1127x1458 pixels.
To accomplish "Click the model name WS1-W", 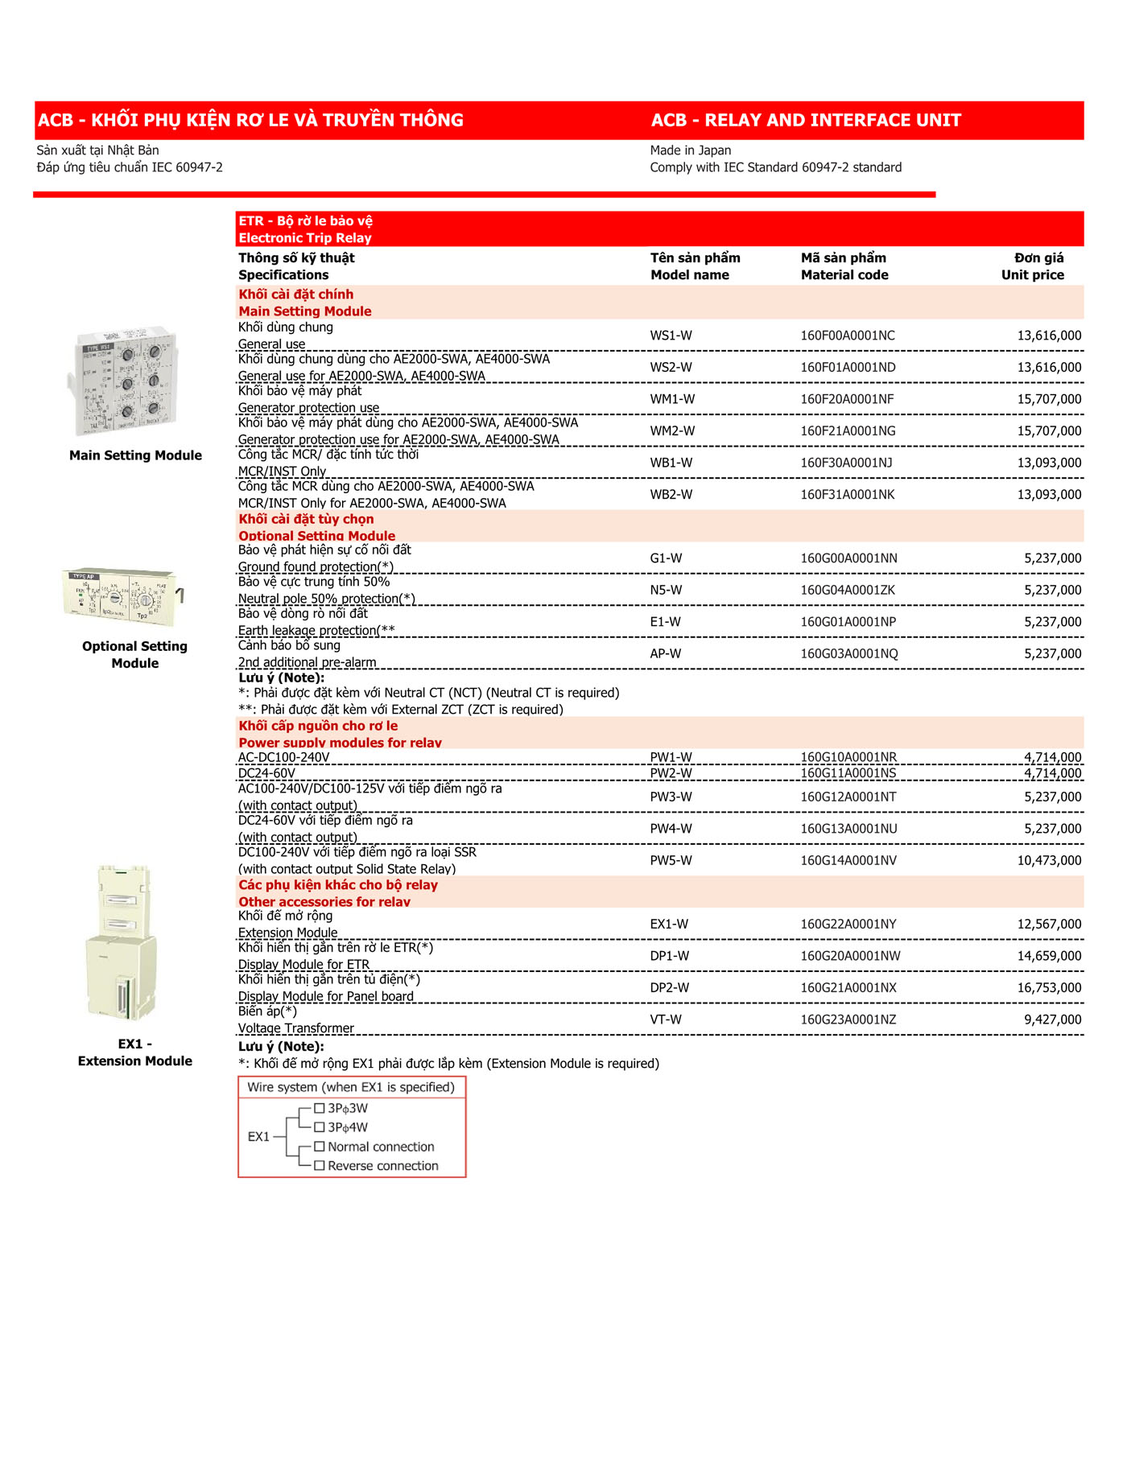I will [x=671, y=336].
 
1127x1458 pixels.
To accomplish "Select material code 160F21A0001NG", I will [x=848, y=431].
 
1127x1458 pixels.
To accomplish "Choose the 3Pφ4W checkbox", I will [x=319, y=1127].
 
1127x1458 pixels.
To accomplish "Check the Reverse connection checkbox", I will [x=319, y=1166].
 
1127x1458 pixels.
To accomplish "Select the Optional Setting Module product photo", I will [x=122, y=597].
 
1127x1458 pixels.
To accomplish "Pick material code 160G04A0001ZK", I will [x=848, y=591].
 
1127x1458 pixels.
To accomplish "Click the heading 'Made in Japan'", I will [x=691, y=150].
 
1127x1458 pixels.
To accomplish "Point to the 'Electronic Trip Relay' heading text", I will [x=305, y=238].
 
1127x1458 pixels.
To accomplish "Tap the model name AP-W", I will [x=666, y=654].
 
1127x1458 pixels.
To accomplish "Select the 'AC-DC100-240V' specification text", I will [x=284, y=757].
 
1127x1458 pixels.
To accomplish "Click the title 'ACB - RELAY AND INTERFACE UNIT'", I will [x=806, y=121].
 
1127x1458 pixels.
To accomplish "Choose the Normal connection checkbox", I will [x=319, y=1147].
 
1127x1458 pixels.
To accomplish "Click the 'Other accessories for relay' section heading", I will [x=324, y=902].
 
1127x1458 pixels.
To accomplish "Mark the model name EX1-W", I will [x=669, y=925].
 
